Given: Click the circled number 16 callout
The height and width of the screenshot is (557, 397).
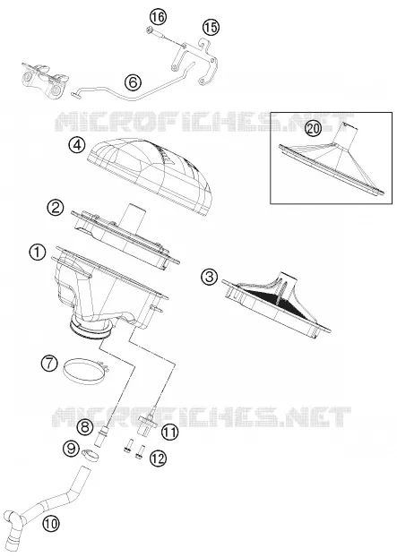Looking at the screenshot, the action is (158, 17).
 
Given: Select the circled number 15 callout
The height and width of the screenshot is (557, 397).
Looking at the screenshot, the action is (211, 27).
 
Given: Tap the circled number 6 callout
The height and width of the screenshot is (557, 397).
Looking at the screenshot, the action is (133, 82).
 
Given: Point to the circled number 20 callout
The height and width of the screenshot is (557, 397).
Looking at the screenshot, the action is (313, 128).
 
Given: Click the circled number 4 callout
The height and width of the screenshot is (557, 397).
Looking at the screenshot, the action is (77, 145).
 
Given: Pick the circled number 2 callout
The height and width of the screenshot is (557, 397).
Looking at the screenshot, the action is (55, 208).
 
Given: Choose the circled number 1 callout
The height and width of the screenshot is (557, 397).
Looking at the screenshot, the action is (38, 253).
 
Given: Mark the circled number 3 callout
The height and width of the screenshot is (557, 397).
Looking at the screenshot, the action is (209, 277).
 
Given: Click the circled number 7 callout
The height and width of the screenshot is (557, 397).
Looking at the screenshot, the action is (49, 364).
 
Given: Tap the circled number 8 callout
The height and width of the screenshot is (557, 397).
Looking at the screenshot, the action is (84, 426).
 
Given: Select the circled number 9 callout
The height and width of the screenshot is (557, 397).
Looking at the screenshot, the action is (72, 449).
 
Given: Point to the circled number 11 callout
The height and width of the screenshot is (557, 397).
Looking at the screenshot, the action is (169, 433).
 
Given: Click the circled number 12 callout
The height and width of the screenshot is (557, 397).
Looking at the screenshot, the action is (158, 458).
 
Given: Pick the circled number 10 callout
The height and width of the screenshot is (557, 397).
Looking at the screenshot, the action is (51, 524).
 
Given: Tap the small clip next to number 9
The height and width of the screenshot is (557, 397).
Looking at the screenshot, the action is (91, 455).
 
